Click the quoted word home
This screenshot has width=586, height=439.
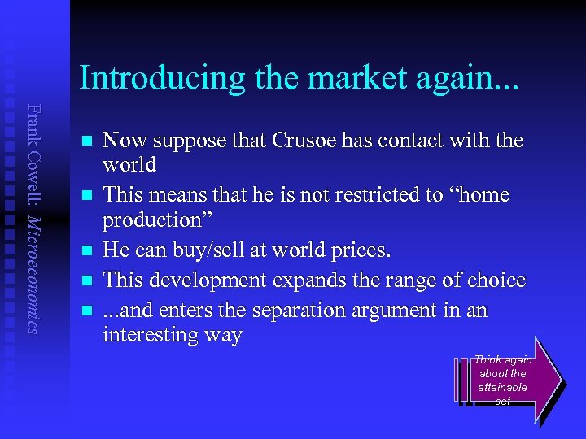(483, 196)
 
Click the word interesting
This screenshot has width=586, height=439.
(154, 335)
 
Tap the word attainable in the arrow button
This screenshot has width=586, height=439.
(504, 388)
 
